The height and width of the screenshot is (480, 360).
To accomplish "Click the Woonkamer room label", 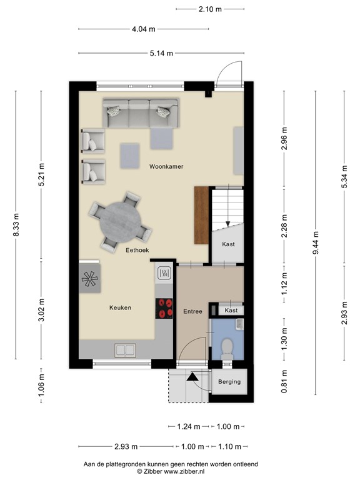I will point(166,167).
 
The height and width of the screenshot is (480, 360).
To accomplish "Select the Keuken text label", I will point(120,307).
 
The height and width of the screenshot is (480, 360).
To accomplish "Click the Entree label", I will point(192,311).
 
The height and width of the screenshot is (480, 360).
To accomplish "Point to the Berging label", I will point(229,381).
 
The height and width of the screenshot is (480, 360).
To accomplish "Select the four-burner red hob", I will point(165,308).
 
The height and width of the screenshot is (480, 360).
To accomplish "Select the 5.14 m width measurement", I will point(161,53).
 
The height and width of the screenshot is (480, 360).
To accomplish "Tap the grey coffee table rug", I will point(130,156).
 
